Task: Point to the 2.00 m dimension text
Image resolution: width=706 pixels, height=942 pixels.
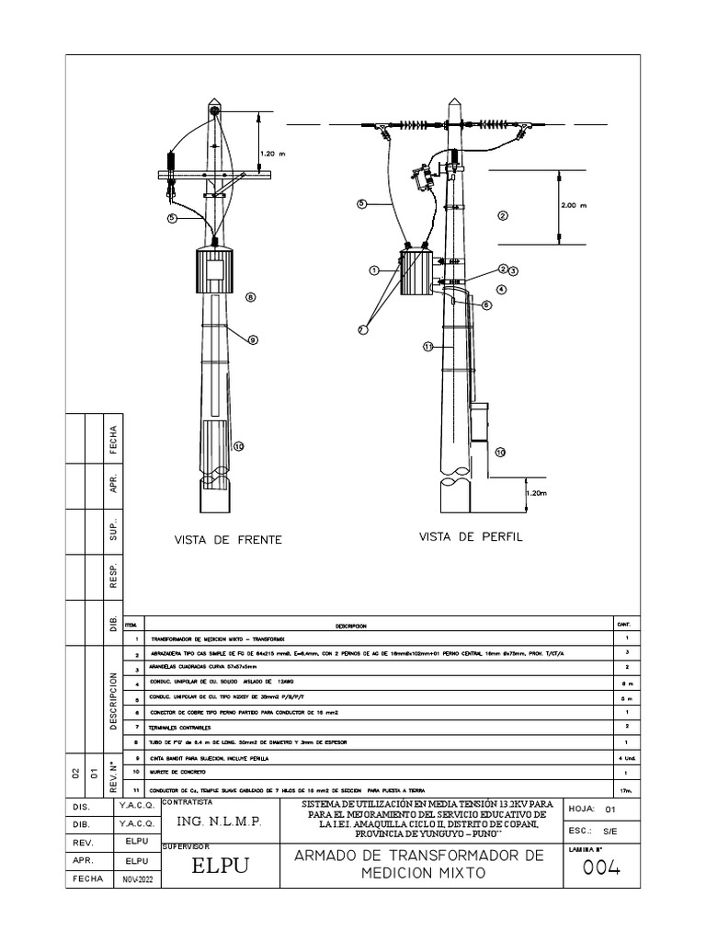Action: pyautogui.click(x=574, y=206)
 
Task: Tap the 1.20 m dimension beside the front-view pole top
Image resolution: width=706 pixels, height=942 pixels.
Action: pyautogui.click(x=274, y=154)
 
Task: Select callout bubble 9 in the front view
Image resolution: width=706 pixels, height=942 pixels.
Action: pyautogui.click(x=251, y=339)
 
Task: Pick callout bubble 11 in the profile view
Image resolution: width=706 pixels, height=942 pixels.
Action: pyautogui.click(x=427, y=346)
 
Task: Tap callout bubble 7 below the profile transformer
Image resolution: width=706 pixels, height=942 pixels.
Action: pyautogui.click(x=361, y=327)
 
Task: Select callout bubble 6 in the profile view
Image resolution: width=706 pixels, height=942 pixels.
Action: pyautogui.click(x=487, y=304)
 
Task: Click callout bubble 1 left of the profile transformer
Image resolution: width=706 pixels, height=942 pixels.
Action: pyautogui.click(x=374, y=270)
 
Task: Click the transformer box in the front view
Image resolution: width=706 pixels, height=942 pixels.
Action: pyautogui.click(x=217, y=274)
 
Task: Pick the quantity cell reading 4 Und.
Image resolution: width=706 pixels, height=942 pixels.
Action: pyautogui.click(x=623, y=757)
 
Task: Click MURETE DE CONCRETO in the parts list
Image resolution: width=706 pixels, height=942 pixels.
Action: pyautogui.click(x=175, y=772)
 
